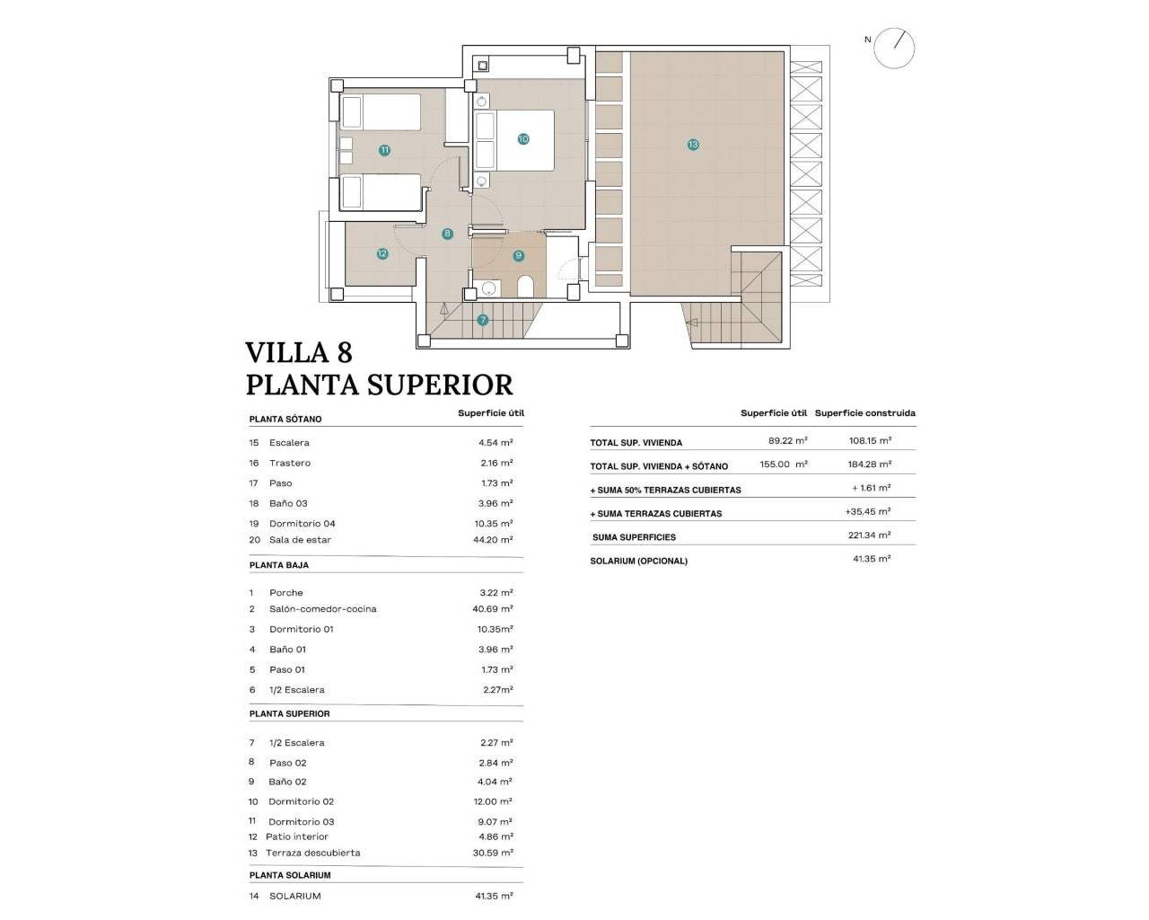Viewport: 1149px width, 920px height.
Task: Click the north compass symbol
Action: click(894, 48)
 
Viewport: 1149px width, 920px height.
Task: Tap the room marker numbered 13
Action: click(693, 144)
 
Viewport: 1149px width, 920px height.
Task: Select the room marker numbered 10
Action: click(523, 138)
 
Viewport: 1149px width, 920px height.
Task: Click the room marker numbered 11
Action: click(384, 150)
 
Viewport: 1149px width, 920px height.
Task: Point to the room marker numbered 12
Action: click(382, 253)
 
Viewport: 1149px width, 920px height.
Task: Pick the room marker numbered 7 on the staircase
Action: click(483, 320)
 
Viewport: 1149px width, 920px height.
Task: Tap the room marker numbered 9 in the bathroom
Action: click(518, 255)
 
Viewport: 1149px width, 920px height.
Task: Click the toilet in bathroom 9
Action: click(526, 287)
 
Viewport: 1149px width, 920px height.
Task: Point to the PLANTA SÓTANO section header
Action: click(285, 419)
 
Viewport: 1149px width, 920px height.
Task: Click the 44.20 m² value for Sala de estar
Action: click(496, 540)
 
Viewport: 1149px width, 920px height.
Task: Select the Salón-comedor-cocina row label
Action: click(322, 609)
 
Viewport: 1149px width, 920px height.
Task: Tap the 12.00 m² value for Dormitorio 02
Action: click(496, 801)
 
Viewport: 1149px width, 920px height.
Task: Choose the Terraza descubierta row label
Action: click(312, 853)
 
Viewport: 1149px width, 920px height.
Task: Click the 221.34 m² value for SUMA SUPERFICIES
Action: click(871, 535)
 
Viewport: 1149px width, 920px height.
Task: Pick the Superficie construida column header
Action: click(864, 413)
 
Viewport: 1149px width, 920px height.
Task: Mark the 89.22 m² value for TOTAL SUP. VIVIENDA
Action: click(787, 441)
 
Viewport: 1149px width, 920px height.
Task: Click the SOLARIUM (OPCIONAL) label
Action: click(638, 561)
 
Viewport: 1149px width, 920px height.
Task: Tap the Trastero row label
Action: click(290, 463)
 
